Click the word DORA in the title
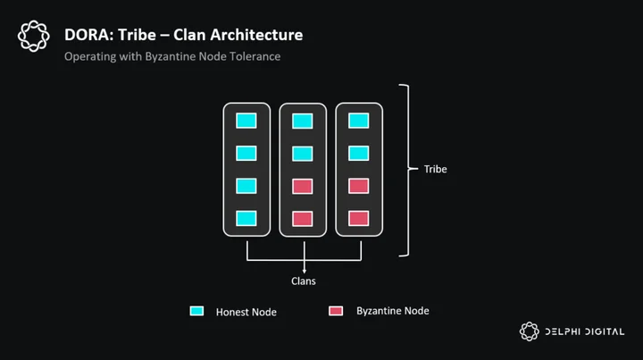click(88, 35)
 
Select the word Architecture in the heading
click(256, 35)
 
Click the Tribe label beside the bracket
click(435, 169)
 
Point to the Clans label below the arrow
click(304, 280)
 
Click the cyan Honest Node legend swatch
click(196, 311)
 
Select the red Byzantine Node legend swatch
click(336, 311)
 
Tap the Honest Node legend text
click(246, 312)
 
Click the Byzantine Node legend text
click(392, 311)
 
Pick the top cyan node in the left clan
click(246, 121)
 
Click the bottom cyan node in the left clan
click(246, 218)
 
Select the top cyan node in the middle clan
click(303, 121)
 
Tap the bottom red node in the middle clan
click(303, 219)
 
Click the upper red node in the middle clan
click(303, 186)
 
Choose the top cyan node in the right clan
click(359, 121)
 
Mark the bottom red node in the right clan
click(359, 218)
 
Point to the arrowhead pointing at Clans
click(304, 271)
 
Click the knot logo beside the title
click(34, 36)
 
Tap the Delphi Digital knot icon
click(530, 331)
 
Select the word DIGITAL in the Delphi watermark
click(605, 331)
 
